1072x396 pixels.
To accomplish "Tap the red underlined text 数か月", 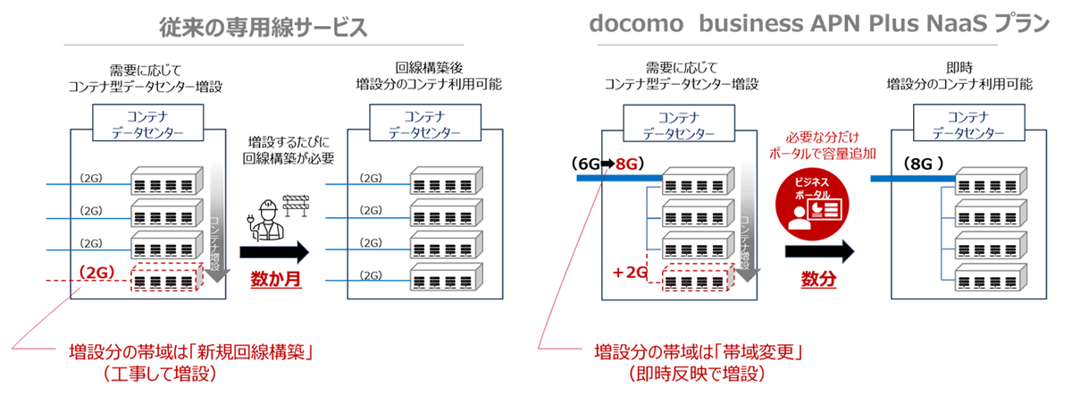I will click(275, 279).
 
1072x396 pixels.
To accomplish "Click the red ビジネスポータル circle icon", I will click(817, 201).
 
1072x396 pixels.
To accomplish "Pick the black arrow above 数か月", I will click(275, 250).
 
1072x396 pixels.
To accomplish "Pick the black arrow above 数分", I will click(818, 252).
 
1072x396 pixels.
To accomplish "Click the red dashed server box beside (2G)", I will click(167, 278).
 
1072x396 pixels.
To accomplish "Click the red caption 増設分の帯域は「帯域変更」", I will click(697, 350).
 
